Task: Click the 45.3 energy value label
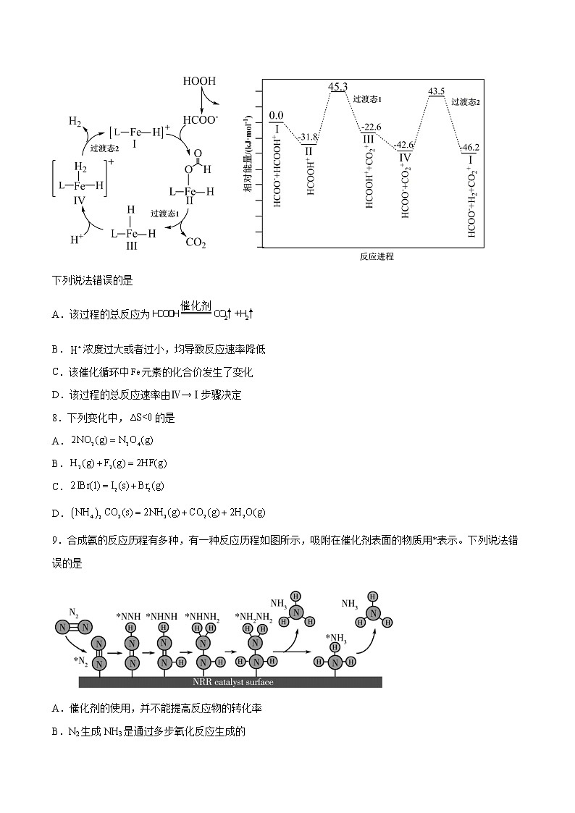click(x=338, y=87)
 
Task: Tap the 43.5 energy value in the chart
click(x=437, y=91)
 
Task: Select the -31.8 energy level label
click(x=309, y=137)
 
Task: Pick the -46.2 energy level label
click(x=471, y=147)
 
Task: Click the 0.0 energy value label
click(x=276, y=115)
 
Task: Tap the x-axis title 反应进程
click(x=377, y=256)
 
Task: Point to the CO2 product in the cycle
click(x=196, y=243)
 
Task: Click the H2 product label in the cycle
click(x=75, y=121)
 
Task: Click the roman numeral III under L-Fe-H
click(x=132, y=246)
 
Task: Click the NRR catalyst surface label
click(x=230, y=681)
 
